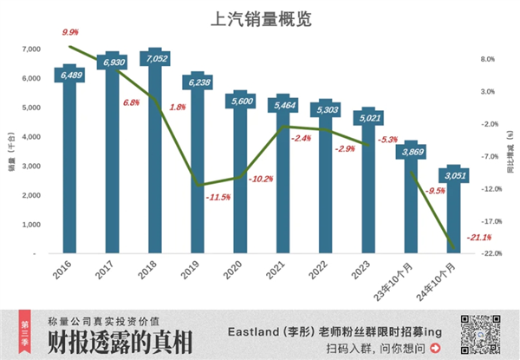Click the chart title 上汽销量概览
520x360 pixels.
click(x=260, y=18)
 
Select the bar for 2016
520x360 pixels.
click(x=69, y=165)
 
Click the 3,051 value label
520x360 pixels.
click(x=453, y=175)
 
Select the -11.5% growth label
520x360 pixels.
click(x=218, y=197)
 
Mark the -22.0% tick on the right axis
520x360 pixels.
click(x=488, y=253)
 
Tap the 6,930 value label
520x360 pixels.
click(x=113, y=62)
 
